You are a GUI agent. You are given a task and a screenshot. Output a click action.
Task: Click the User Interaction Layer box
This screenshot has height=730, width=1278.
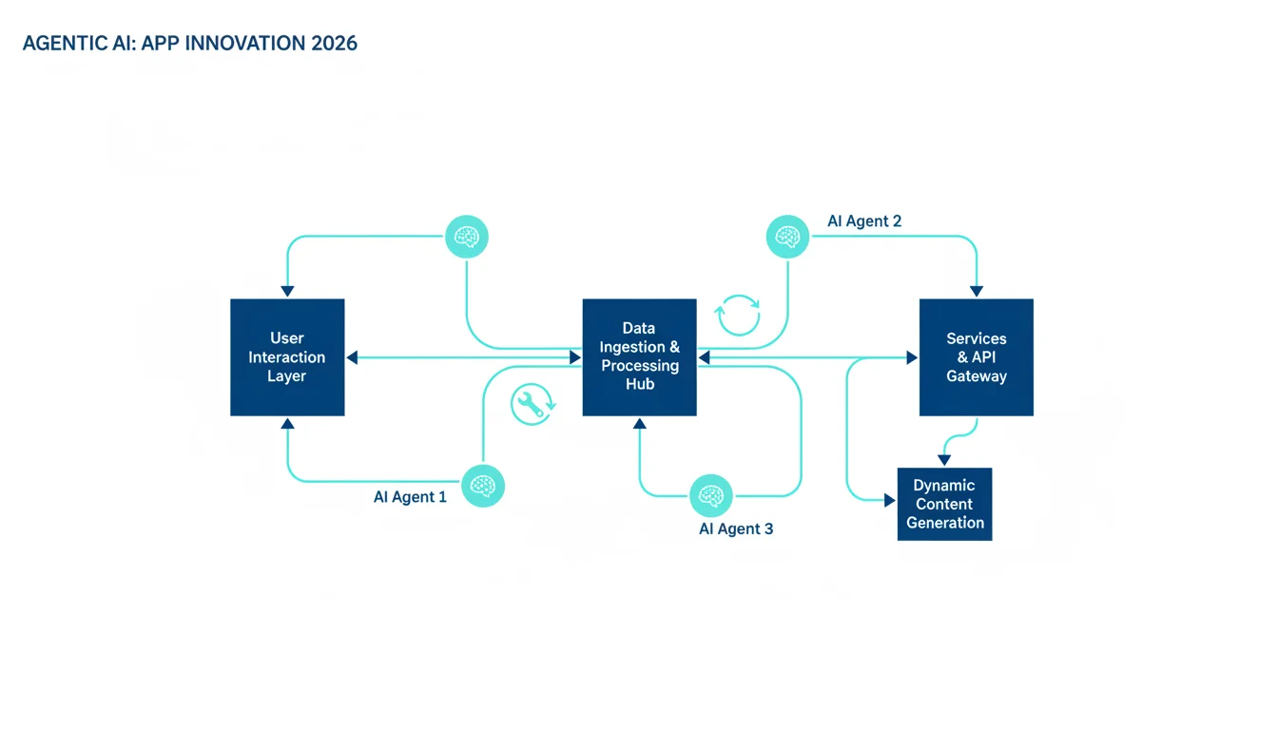(x=287, y=357)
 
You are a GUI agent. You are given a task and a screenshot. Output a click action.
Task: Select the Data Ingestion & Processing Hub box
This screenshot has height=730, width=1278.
(x=639, y=357)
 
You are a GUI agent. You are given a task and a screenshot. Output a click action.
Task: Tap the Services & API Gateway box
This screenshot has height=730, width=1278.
(x=977, y=357)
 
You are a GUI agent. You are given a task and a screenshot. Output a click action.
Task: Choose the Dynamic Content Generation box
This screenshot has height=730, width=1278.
(x=945, y=504)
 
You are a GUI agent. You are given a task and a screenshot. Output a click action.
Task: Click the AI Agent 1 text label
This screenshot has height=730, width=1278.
(x=410, y=497)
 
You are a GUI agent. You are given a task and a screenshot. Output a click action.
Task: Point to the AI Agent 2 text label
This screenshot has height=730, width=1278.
(x=864, y=221)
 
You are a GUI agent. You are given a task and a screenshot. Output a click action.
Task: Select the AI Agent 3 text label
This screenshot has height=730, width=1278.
(x=736, y=528)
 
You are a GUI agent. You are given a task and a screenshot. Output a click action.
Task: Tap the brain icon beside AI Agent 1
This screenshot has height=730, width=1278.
(x=483, y=486)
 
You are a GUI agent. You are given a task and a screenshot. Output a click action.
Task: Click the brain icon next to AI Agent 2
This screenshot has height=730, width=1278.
(x=787, y=237)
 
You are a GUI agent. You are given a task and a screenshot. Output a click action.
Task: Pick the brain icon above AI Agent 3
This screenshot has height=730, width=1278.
(x=711, y=495)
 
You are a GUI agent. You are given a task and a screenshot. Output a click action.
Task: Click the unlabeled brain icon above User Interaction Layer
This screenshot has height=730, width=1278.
(x=467, y=237)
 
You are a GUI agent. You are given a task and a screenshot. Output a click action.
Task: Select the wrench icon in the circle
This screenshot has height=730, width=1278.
(x=532, y=404)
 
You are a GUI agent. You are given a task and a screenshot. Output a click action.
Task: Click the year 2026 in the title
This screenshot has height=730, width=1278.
(x=334, y=44)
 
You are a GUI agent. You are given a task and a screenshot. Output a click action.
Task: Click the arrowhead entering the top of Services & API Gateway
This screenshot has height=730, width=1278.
(x=977, y=292)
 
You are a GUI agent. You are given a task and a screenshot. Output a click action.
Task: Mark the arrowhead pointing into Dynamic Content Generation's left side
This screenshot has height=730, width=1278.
(x=890, y=500)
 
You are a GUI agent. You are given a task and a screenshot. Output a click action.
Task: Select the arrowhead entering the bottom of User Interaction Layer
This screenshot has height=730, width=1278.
(x=287, y=424)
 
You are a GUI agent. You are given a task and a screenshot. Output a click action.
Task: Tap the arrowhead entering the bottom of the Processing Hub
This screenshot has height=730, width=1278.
(x=640, y=424)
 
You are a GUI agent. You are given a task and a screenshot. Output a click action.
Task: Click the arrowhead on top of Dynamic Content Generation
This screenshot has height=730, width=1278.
(x=944, y=460)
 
